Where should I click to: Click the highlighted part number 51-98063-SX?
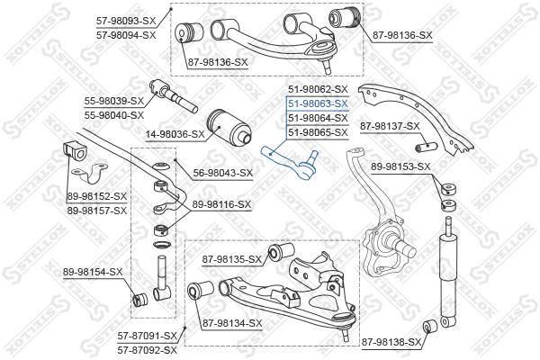point(317,103)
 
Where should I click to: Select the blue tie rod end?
point(288,159)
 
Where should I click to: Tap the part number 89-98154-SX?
point(92,272)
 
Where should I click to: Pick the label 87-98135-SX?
point(231,259)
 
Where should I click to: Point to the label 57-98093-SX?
point(126,20)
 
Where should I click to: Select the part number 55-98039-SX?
point(113,102)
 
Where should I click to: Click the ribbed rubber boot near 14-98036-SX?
point(227,125)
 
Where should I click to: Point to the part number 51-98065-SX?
point(317,132)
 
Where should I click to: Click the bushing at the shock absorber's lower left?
point(430,325)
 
